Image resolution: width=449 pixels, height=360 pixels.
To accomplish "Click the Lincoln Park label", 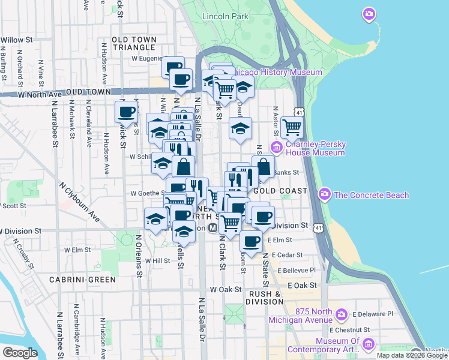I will click(x=225, y=17).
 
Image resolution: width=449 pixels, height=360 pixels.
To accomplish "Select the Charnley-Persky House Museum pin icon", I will click(x=277, y=148).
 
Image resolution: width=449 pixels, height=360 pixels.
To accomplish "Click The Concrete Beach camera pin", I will click(x=325, y=194).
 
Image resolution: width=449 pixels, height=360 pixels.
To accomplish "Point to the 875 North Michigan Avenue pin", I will click(x=342, y=314).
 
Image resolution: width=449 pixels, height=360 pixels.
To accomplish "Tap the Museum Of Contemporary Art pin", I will click(x=368, y=344).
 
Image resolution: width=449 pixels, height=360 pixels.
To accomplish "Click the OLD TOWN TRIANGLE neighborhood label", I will click(x=134, y=43).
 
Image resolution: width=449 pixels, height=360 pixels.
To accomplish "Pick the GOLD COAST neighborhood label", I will click(x=280, y=190).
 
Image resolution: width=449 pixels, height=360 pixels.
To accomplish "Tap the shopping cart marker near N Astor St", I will click(x=292, y=127).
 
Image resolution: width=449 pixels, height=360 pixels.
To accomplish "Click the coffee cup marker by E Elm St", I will click(x=252, y=241).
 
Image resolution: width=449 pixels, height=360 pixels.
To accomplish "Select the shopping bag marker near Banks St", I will click(x=263, y=166).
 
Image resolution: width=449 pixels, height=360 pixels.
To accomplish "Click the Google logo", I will click(x=20, y=353).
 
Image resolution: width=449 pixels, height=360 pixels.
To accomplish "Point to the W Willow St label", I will click(x=17, y=40).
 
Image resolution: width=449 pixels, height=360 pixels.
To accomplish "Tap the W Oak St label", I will click(x=225, y=289).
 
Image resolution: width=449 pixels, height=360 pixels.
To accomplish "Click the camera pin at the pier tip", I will click(x=369, y=14).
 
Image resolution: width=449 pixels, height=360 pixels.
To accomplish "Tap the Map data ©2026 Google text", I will click(x=411, y=355).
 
